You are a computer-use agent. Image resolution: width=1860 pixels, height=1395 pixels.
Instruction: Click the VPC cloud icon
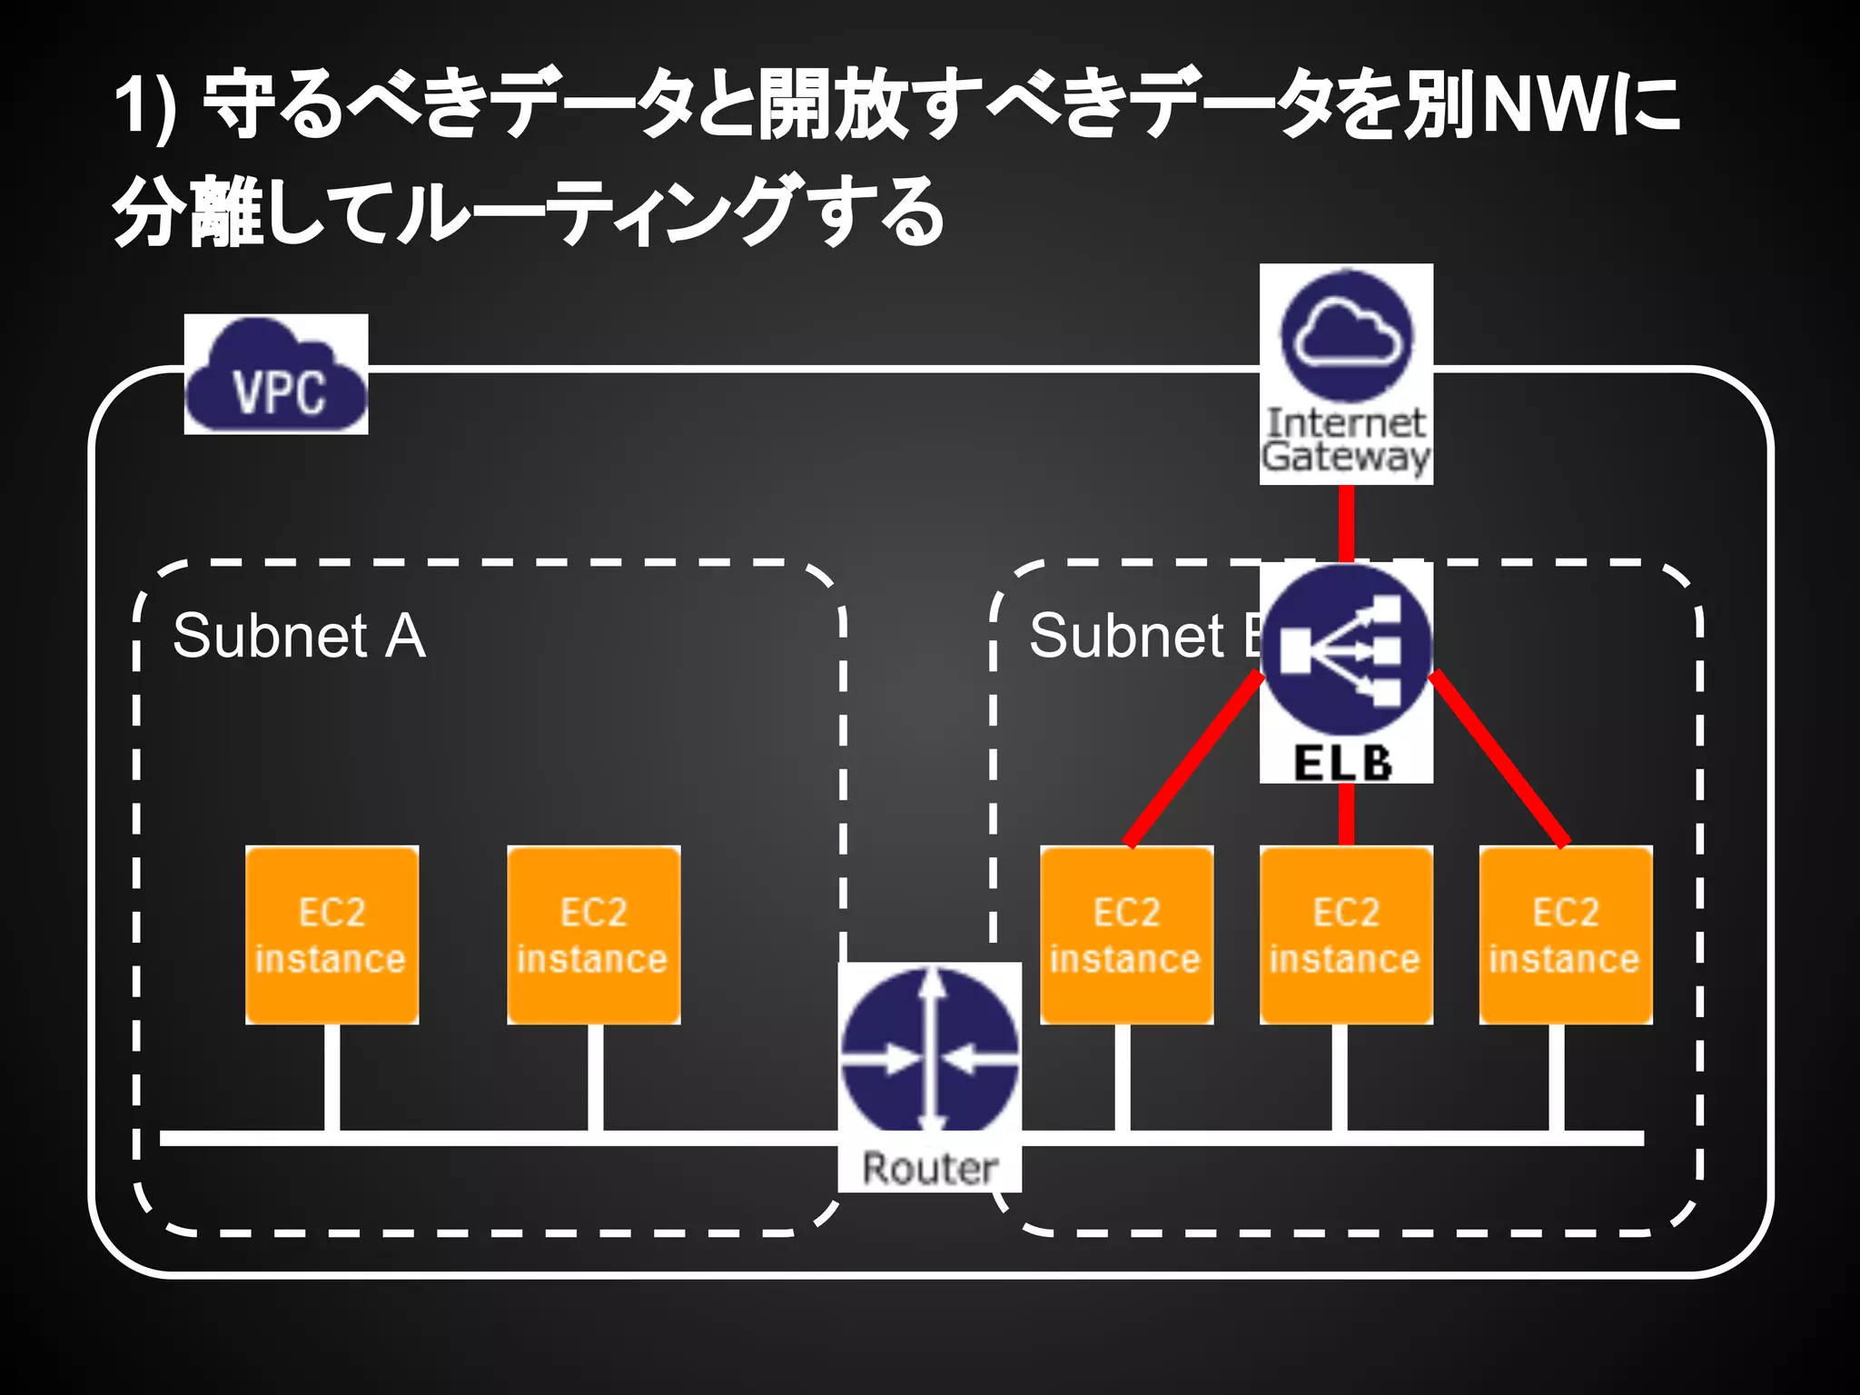pos(276,375)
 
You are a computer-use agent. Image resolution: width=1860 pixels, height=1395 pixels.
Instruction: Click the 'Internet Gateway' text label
pos(1346,440)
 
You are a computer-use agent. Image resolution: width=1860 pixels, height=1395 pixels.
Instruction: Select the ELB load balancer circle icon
pos(1346,650)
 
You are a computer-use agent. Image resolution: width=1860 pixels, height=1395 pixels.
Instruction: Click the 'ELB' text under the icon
pos(1343,763)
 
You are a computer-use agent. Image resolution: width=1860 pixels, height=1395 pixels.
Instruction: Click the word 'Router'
pos(929,1168)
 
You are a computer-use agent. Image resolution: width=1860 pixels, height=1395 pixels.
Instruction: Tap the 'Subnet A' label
pos(299,636)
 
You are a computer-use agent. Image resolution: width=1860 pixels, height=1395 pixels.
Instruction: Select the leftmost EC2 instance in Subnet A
pos(331,935)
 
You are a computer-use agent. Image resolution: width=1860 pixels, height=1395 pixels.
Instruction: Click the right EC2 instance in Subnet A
pos(593,935)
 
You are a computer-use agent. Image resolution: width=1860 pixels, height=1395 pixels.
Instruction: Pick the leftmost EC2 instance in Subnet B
pos(1126,935)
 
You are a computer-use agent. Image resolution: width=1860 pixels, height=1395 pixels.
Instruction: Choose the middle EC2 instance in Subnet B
pos(1346,935)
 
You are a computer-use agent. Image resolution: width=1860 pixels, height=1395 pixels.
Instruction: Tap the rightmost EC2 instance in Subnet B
pos(1565,935)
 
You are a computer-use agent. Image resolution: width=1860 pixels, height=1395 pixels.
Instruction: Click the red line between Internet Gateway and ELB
pos(1346,522)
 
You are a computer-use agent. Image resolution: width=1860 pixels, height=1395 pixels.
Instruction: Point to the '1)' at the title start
pos(145,107)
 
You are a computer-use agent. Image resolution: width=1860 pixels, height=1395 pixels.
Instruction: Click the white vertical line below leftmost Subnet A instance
pos(331,1077)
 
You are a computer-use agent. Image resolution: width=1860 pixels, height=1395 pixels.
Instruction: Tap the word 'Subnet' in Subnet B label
pos(1126,636)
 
